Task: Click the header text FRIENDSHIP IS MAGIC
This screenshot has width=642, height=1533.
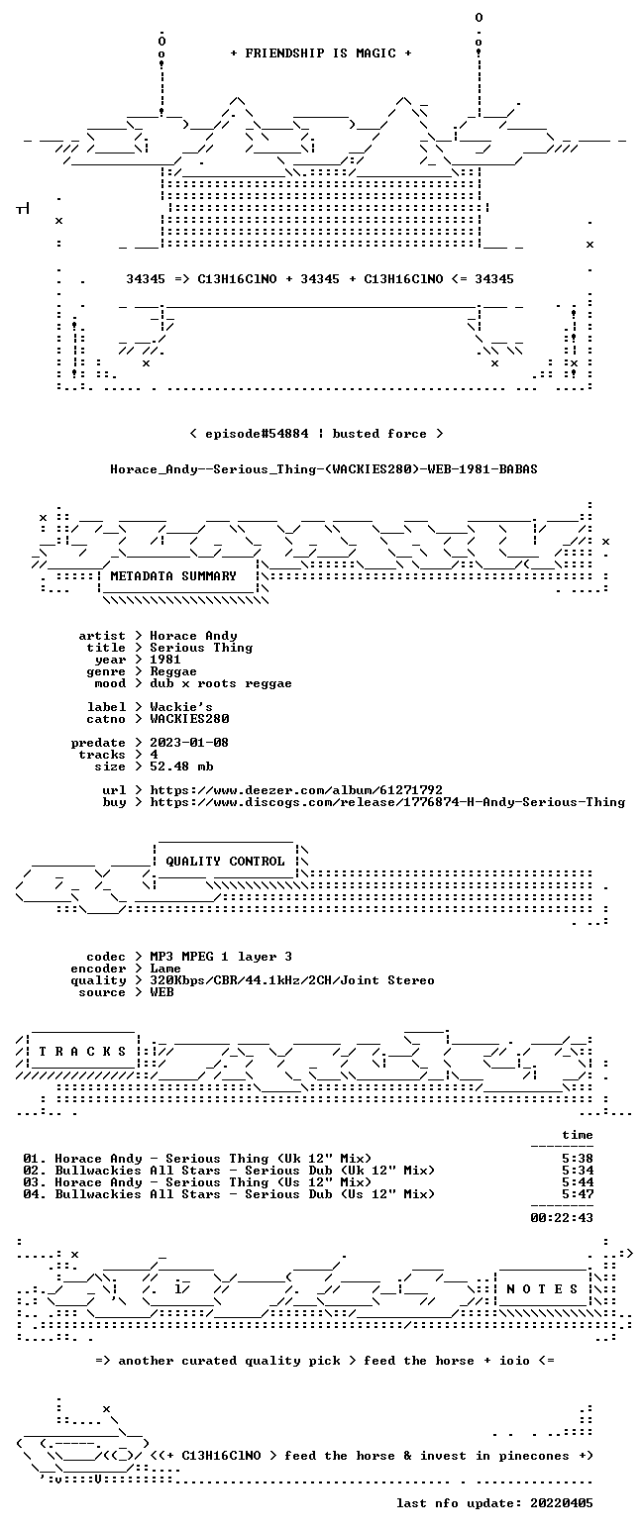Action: click(x=321, y=53)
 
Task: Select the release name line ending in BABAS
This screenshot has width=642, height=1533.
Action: click(x=324, y=469)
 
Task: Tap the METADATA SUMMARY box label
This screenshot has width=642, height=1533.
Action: click(x=173, y=576)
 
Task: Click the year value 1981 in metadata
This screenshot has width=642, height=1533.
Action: click(x=165, y=660)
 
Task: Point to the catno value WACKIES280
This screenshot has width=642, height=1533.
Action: click(x=189, y=719)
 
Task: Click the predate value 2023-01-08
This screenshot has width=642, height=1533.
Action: click(x=189, y=743)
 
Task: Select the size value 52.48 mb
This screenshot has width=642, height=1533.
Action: click(x=181, y=766)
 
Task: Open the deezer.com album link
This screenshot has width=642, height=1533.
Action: click(x=296, y=790)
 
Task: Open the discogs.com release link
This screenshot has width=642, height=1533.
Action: click(x=387, y=802)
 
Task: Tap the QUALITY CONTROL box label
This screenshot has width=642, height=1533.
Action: click(x=225, y=862)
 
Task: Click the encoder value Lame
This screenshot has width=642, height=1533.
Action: click(x=165, y=970)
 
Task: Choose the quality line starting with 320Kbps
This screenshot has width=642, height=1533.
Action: click(x=292, y=980)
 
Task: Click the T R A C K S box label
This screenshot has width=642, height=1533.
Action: click(x=83, y=1052)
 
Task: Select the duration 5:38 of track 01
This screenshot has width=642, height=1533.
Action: click(x=578, y=1159)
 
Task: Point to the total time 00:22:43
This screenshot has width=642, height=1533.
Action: click(x=562, y=1218)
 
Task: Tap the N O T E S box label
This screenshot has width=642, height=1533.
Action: click(x=542, y=1289)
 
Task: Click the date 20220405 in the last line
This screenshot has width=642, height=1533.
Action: click(x=562, y=1503)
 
